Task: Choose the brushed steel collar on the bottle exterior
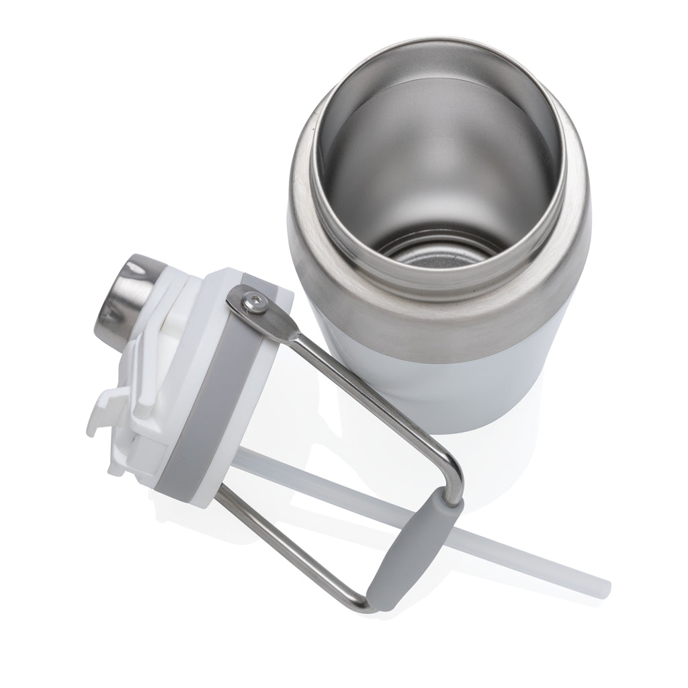click(x=443, y=316)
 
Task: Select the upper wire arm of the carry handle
click(x=376, y=396)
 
